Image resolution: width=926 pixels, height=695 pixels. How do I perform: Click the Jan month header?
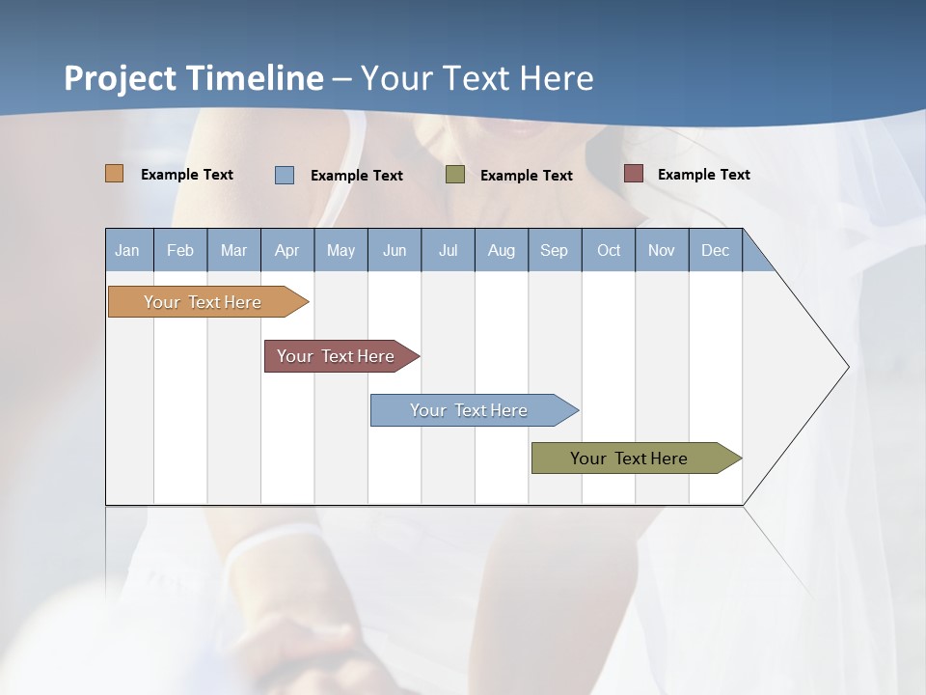click(128, 251)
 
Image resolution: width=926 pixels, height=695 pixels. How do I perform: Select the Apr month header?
click(286, 251)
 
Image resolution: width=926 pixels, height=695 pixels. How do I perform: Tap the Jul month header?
click(448, 251)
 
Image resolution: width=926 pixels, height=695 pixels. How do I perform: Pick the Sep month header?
click(554, 251)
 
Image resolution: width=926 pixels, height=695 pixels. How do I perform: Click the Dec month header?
click(715, 251)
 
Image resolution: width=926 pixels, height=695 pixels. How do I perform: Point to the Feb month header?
click(180, 251)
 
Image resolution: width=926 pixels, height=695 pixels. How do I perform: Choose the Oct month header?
click(609, 251)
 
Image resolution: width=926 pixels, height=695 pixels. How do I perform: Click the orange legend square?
click(115, 174)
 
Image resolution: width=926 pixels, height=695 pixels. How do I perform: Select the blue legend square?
click(285, 175)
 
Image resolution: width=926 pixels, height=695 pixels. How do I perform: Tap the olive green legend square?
click(455, 175)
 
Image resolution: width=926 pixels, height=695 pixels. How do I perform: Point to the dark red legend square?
click(634, 174)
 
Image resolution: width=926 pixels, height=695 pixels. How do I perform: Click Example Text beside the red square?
click(703, 175)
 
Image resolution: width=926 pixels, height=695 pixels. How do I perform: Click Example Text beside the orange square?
click(186, 175)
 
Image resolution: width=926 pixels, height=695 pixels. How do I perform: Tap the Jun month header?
click(395, 251)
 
